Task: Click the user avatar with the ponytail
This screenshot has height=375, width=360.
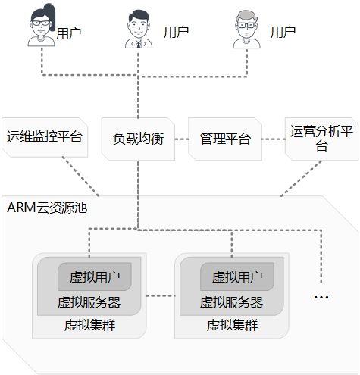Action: point(42,25)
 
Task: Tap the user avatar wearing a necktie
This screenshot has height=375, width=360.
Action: point(139,29)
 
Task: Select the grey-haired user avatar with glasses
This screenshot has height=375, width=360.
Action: point(246,30)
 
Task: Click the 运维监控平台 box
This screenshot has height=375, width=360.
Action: point(45,137)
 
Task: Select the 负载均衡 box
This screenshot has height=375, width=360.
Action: point(138,139)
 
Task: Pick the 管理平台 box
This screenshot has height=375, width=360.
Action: point(225,139)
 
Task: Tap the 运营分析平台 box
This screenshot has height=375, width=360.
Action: point(321,139)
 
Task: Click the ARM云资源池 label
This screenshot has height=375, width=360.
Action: point(47,208)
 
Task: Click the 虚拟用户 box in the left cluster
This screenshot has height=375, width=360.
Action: point(95,277)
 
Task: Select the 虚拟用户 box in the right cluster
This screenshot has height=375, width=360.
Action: point(237,277)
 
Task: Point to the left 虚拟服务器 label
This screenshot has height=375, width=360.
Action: point(89,302)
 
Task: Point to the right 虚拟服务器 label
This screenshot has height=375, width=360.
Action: point(232,302)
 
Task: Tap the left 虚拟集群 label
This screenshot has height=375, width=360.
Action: point(89,325)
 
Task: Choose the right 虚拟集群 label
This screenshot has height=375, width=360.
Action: point(232,325)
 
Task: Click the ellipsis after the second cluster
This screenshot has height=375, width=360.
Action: point(321,298)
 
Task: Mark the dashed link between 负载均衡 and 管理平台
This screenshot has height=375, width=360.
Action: point(182,139)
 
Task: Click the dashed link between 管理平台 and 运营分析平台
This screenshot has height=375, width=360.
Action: point(274,139)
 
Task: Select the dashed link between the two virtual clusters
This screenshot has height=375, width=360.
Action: point(161,295)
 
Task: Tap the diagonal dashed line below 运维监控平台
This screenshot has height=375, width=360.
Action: point(81,177)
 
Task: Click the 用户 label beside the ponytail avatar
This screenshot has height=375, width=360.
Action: point(68,33)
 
